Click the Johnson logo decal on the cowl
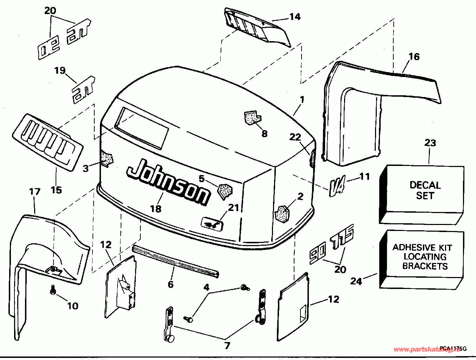pyautogui.click(x=168, y=181)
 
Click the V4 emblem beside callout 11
pyautogui.click(x=337, y=185)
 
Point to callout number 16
pyautogui.click(x=414, y=57)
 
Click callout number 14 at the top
pyautogui.click(x=295, y=17)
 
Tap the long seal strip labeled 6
pyautogui.click(x=175, y=261)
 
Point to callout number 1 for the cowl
pyautogui.click(x=302, y=100)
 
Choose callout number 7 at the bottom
pyautogui.click(x=227, y=346)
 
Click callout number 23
pyautogui.click(x=430, y=143)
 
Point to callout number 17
pyautogui.click(x=34, y=192)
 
